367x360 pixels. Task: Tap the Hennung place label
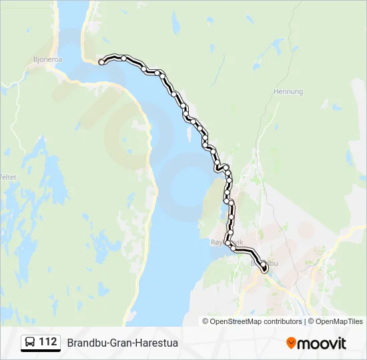click(288, 91)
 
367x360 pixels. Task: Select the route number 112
click(47, 342)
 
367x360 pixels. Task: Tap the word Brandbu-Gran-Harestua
click(122, 343)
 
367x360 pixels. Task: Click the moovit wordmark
click(322, 343)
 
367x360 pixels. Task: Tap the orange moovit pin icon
click(291, 343)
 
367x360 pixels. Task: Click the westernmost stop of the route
click(101, 62)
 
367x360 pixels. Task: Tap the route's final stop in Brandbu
click(264, 269)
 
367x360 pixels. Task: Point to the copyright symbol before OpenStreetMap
click(206, 321)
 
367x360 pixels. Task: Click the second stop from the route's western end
click(124, 58)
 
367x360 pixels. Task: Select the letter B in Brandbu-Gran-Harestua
click(71, 343)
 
